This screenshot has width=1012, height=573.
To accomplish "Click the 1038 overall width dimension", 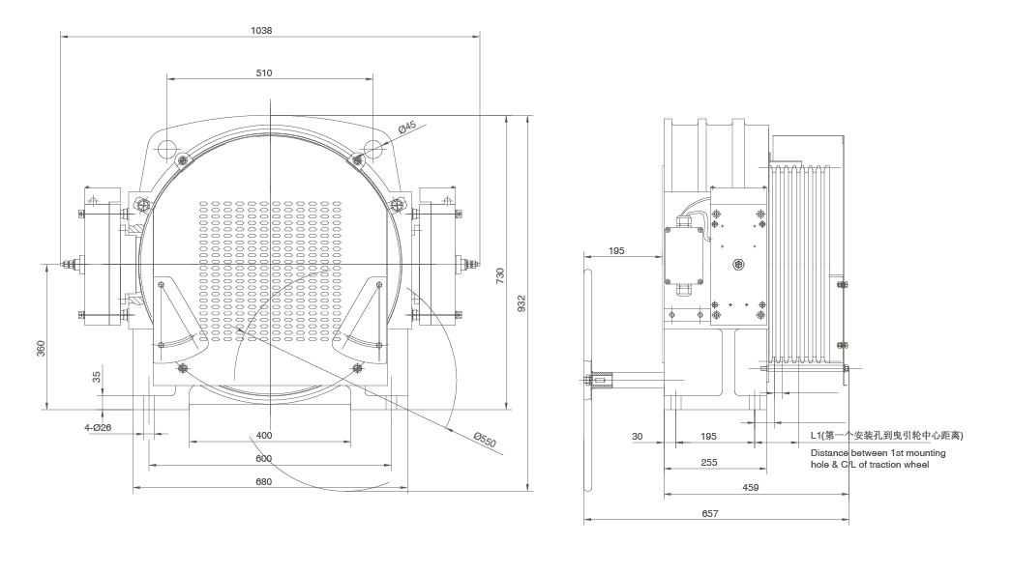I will [261, 30].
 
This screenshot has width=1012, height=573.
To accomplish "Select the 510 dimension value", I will [264, 73].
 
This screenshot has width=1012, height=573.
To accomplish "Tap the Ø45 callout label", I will [407, 127].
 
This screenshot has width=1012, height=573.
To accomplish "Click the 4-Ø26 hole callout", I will [98, 426].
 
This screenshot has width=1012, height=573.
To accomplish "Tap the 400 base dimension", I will [264, 435].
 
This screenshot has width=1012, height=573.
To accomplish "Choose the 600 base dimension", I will [264, 458].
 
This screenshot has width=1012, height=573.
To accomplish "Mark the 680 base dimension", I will [264, 480].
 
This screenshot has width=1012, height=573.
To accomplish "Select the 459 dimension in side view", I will [750, 489].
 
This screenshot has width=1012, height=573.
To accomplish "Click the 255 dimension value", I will [708, 463].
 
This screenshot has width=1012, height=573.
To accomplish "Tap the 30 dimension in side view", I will [637, 437].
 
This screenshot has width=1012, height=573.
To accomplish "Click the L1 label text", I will [819, 437].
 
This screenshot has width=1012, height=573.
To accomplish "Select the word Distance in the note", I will [831, 453].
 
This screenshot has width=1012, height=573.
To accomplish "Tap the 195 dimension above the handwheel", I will [616, 250].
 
